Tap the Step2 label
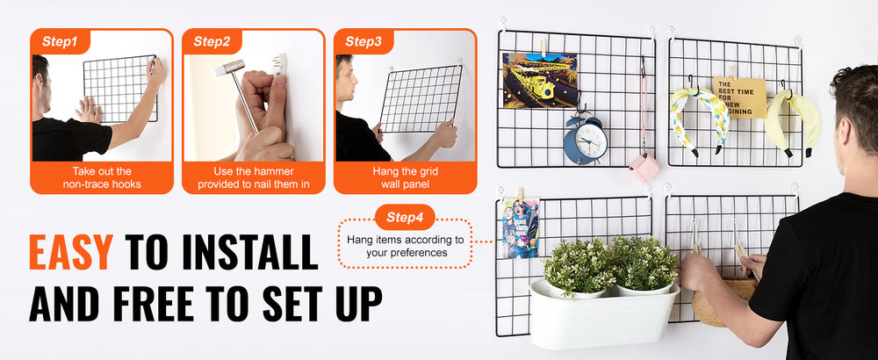click(x=212, y=41)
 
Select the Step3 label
click(x=363, y=41)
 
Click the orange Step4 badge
click(x=405, y=217)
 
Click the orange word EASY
click(x=71, y=252)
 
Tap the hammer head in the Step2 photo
click(x=229, y=68)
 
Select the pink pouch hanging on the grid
click(x=644, y=167)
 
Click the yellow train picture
click(x=540, y=80)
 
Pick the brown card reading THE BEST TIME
click(x=739, y=97)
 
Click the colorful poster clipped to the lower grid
click(x=520, y=228)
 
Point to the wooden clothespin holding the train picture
click(x=543, y=48)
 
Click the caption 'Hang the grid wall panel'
click(x=405, y=177)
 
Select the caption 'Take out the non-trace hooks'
click(x=102, y=177)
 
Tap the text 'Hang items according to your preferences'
click(x=406, y=247)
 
